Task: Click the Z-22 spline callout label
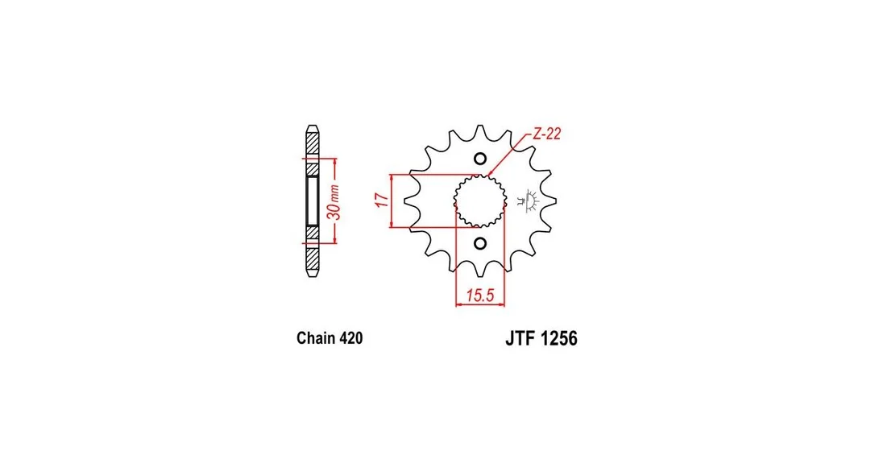[x=547, y=134]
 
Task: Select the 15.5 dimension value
[x=480, y=295]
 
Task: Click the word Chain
[x=316, y=338]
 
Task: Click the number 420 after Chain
[x=351, y=338]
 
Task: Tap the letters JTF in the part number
[x=520, y=338]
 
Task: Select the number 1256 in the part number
[x=559, y=338]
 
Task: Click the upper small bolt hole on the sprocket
[x=480, y=159]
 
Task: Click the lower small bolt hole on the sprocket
[x=480, y=243]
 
